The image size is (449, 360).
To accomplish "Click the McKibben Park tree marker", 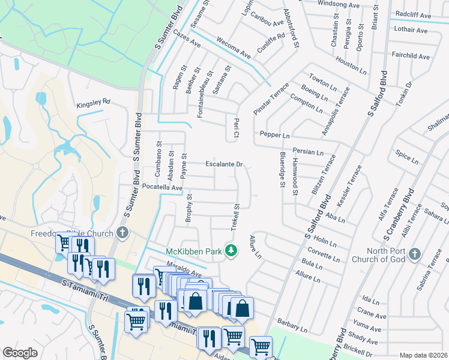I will click(230, 251).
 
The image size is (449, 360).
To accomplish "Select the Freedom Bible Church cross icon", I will click(122, 233).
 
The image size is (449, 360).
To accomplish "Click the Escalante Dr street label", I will click(224, 164).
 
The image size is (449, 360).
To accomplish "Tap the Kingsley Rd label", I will click(94, 103).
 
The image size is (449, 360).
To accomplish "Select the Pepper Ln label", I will click(274, 136).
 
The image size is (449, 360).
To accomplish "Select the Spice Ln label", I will click(407, 157).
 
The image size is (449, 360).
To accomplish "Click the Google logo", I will click(20, 353).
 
